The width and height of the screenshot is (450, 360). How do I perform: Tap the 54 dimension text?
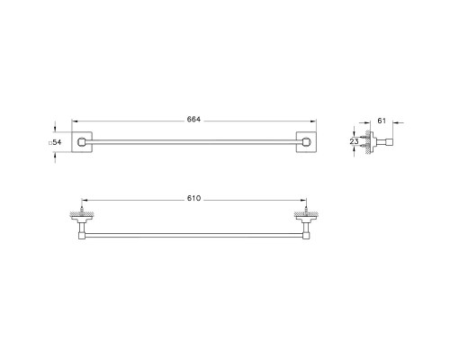pos(56,142)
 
